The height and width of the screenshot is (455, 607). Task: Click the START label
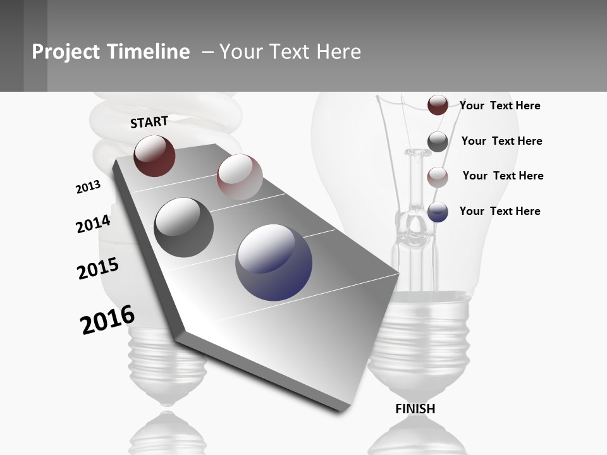[149, 122]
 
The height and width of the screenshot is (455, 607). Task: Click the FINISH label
[415, 409]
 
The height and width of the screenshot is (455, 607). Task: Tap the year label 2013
[88, 187]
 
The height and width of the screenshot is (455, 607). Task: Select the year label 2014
[93, 224]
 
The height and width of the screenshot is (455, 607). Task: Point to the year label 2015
[98, 269]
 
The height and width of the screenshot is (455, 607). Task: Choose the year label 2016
[107, 320]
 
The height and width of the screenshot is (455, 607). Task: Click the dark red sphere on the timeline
[154, 155]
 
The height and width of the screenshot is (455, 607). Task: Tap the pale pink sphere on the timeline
[239, 177]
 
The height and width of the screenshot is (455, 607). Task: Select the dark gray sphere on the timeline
[183, 227]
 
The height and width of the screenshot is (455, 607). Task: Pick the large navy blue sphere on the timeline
[274, 262]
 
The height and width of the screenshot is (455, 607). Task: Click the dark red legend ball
[438, 106]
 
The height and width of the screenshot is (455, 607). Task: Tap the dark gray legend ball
[438, 142]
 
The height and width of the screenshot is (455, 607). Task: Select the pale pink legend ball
[438, 177]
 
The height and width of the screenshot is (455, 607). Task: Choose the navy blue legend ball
[438, 212]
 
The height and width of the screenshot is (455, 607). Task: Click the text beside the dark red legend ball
[500, 106]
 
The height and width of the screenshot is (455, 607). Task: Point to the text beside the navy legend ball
[500, 211]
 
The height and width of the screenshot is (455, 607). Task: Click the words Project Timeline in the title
[111, 52]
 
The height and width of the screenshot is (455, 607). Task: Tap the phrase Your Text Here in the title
[290, 52]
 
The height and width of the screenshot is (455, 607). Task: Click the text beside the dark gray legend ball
[501, 141]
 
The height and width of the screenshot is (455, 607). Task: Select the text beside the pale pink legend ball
[503, 176]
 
